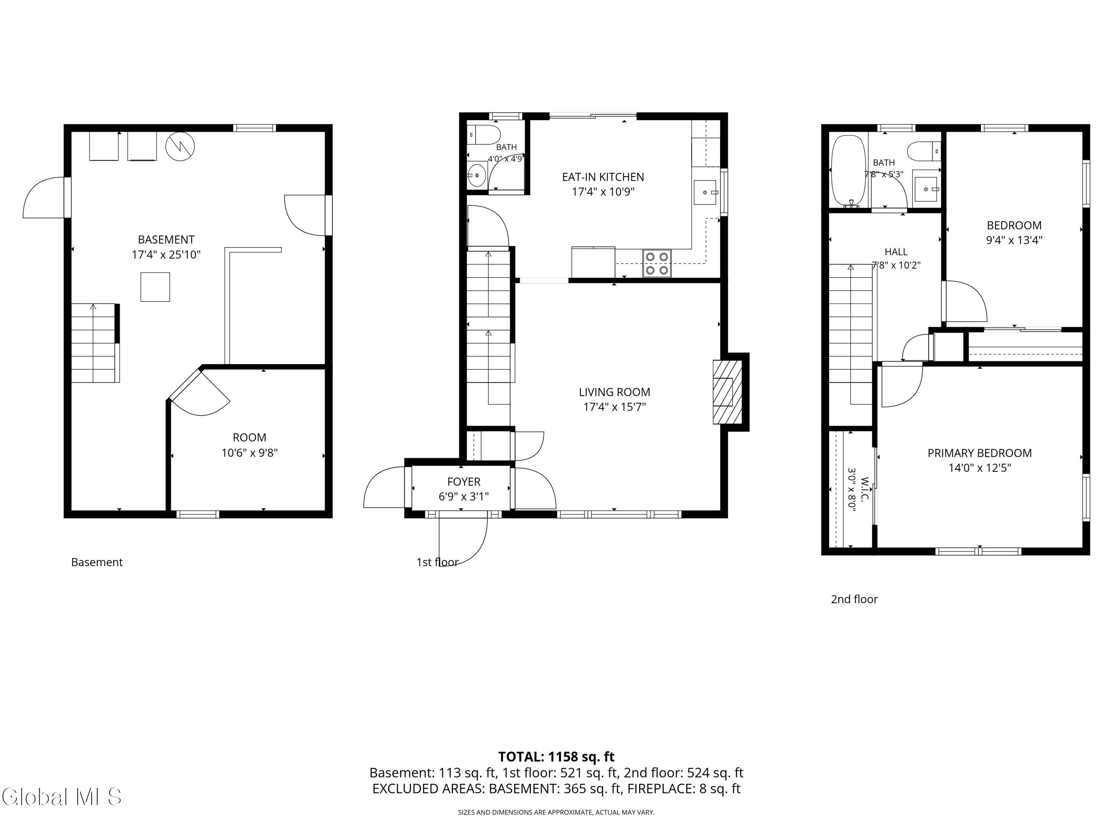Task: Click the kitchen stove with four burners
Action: point(657,263)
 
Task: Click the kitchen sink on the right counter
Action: point(705,192)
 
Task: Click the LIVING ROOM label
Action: point(614,392)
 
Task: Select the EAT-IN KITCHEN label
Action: point(603,177)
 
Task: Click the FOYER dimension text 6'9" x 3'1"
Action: point(463,497)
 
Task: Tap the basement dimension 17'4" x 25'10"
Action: point(166,255)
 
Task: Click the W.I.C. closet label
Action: point(865,489)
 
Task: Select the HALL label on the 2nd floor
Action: point(896,252)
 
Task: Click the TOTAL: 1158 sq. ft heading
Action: point(556,756)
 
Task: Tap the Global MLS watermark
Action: point(61,797)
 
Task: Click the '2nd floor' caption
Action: point(854,599)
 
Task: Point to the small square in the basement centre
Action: point(155,287)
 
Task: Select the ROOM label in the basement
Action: point(250,438)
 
